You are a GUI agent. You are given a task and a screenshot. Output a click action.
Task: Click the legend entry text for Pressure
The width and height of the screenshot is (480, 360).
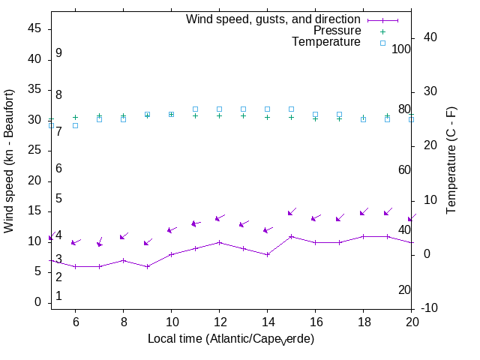click(x=337, y=31)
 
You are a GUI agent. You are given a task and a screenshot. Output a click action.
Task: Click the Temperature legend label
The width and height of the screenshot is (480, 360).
click(x=326, y=43)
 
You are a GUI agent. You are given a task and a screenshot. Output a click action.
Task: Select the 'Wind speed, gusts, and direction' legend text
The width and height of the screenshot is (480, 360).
click(x=274, y=19)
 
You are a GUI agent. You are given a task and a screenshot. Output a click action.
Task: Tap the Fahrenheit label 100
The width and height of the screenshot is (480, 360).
click(x=402, y=49)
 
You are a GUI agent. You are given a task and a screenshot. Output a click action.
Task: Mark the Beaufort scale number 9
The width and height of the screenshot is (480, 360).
click(x=58, y=53)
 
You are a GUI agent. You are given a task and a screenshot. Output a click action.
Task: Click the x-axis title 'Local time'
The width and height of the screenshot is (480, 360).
click(x=231, y=339)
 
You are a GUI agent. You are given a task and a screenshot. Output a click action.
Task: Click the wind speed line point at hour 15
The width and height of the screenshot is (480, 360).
click(x=291, y=236)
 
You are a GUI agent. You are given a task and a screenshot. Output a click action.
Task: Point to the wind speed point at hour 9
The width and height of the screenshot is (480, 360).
click(x=147, y=266)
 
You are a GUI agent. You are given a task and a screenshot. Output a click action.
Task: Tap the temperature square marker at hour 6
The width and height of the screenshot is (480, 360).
click(x=75, y=125)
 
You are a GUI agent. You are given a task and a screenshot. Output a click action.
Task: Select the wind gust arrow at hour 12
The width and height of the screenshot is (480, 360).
click(x=219, y=218)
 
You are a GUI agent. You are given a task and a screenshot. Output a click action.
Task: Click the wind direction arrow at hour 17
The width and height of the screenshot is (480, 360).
click(x=339, y=218)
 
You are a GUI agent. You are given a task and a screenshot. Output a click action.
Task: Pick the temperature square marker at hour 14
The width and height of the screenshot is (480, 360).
click(x=267, y=109)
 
